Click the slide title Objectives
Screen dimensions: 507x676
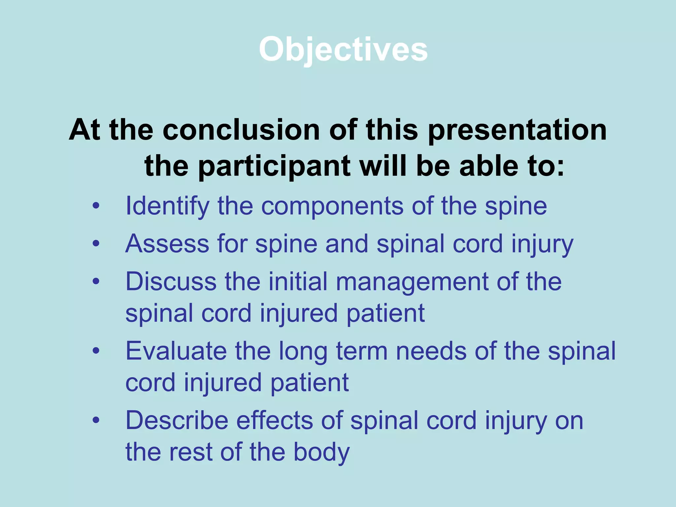(343, 50)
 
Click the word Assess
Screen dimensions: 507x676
(167, 244)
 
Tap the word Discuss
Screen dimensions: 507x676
(171, 281)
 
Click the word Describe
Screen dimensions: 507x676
(177, 421)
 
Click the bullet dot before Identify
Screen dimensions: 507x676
(96, 206)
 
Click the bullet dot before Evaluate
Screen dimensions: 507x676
(96, 351)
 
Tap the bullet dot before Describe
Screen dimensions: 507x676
(96, 421)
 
